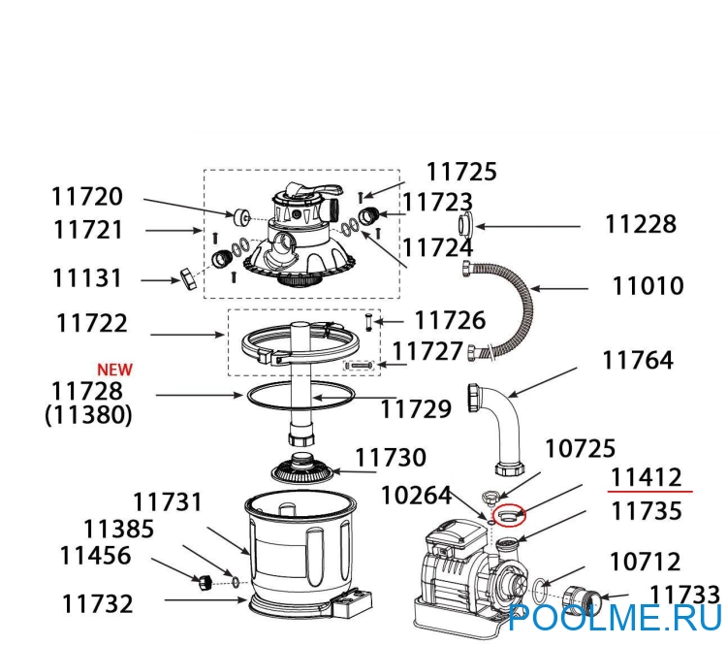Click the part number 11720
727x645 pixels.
click(87, 196)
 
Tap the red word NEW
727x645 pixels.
click(114, 370)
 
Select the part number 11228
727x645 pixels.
click(641, 224)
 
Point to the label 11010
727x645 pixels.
click(648, 286)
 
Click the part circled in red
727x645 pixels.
click(509, 515)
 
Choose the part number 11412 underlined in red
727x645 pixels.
click(647, 477)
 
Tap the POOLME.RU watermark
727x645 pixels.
click(616, 617)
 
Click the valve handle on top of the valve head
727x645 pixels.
click(314, 189)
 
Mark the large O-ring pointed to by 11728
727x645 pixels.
click(300, 396)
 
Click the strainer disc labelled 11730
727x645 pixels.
click(302, 468)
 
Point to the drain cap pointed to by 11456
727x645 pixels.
click(205, 582)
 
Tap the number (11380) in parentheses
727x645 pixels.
click(88, 414)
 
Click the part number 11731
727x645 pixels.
click(168, 502)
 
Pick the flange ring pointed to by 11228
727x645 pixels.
click(465, 226)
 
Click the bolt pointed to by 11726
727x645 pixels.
click(368, 322)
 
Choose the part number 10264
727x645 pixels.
click(417, 496)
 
